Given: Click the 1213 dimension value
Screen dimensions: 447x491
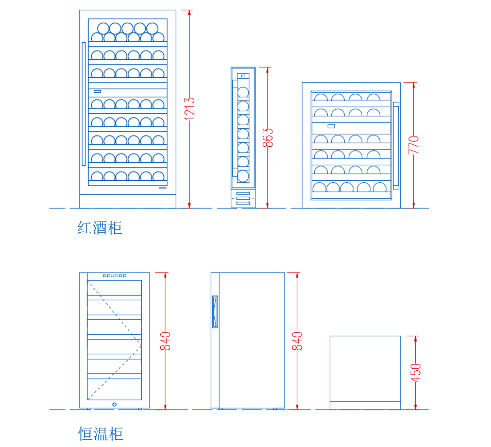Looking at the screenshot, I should [190, 109].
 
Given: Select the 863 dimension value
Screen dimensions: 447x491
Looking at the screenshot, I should [268, 137].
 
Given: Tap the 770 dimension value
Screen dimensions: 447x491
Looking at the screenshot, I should [414, 145].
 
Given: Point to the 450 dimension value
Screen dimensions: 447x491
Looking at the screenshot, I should [416, 372].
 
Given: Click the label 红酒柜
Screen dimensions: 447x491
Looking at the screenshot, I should [100, 228].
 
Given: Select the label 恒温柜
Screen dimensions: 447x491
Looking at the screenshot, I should [100, 434].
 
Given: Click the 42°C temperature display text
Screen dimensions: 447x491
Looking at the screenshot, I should [114, 276].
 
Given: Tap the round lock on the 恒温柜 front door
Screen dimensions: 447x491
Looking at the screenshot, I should [114, 404].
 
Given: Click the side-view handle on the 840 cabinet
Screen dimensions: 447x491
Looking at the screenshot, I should [214, 312].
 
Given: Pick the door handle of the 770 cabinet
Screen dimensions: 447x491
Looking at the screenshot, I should [396, 145].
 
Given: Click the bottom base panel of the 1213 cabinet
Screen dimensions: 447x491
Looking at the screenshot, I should [128, 201].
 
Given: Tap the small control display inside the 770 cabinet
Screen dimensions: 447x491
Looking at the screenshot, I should [331, 126].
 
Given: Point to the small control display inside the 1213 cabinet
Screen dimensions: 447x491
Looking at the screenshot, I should [97, 91].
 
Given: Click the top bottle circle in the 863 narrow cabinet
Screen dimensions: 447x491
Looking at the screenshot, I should [243, 93].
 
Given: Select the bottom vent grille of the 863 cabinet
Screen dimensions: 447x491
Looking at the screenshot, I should [243, 198].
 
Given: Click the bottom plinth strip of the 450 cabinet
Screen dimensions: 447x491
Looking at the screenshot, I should [365, 405].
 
